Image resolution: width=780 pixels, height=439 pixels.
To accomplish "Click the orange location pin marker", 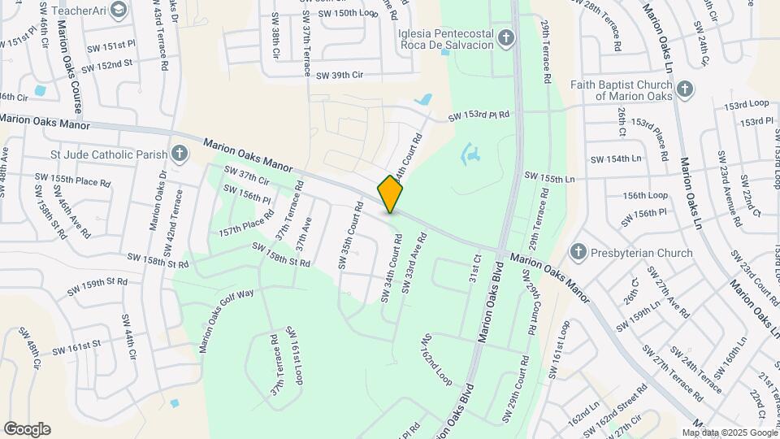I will (391, 193).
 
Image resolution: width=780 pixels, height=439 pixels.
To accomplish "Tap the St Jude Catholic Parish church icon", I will (179, 153).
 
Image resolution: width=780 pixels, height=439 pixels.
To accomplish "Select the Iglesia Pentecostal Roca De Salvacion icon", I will (506, 37).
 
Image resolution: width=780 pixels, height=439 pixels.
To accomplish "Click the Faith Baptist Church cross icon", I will (685, 89).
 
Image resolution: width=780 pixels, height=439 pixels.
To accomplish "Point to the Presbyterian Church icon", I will (578, 252).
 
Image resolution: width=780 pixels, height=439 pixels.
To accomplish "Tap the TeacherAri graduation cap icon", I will (119, 10).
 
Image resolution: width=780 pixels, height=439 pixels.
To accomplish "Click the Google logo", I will (27, 429).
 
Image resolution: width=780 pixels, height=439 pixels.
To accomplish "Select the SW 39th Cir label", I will (339, 76).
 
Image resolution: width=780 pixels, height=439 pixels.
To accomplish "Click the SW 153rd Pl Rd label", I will (479, 116).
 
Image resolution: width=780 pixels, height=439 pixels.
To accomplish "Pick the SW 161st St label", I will (76, 346).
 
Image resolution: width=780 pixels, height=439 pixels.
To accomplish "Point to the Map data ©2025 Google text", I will (732, 433).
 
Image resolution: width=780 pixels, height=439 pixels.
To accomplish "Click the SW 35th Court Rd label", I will (348, 237).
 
